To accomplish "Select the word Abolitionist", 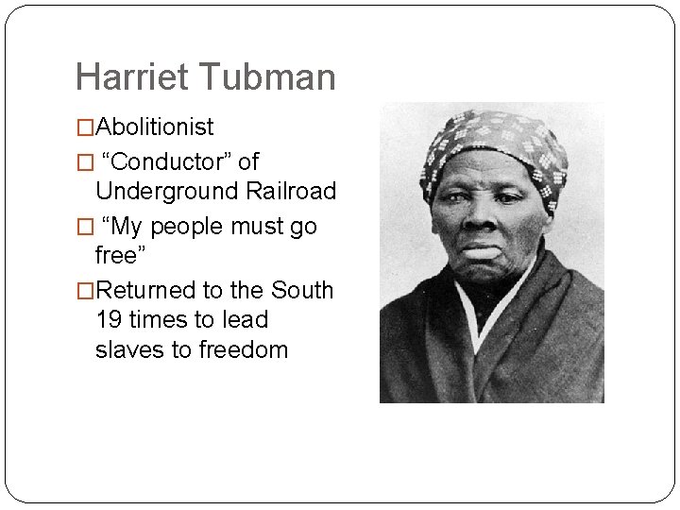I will click(155, 127).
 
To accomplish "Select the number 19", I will click(110, 320).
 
